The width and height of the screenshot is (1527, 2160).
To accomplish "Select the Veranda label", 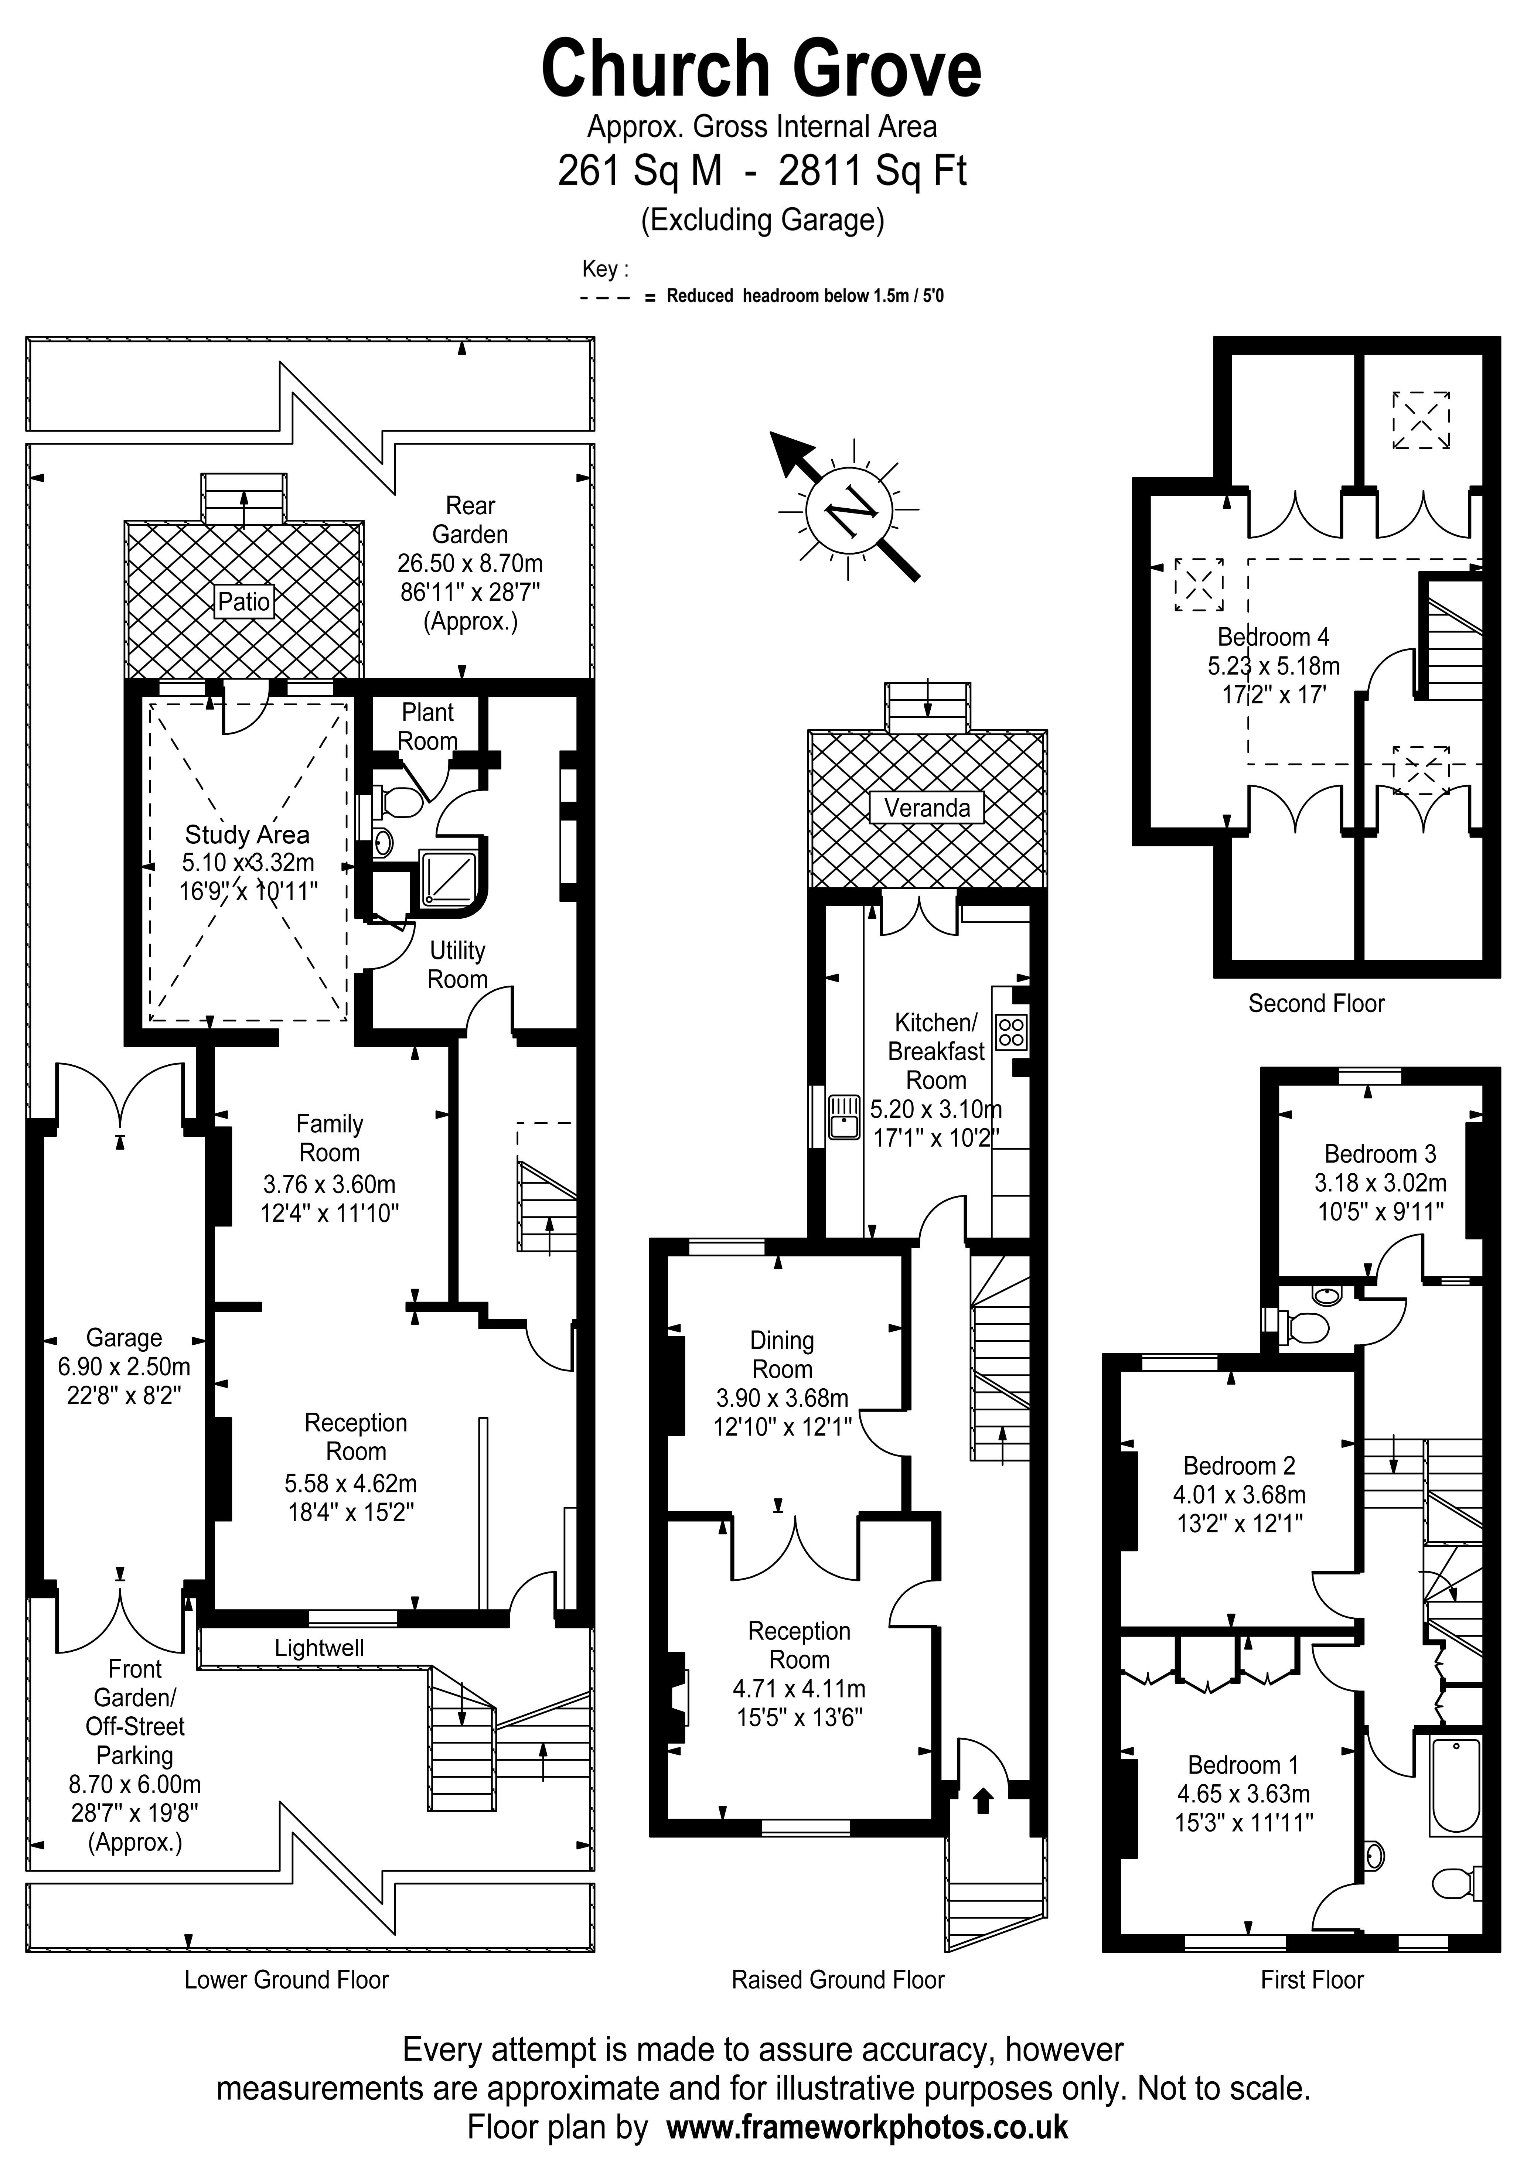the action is pyautogui.click(x=927, y=807).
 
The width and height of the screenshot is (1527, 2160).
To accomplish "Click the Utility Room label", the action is pyautogui.click(x=457, y=964).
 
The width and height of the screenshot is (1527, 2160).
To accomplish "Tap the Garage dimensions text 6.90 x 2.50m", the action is pyautogui.click(x=124, y=1367).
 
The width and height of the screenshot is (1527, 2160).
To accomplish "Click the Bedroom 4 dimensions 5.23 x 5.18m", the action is pyautogui.click(x=1273, y=666).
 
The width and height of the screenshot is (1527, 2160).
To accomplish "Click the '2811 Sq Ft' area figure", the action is pyautogui.click(x=872, y=171).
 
